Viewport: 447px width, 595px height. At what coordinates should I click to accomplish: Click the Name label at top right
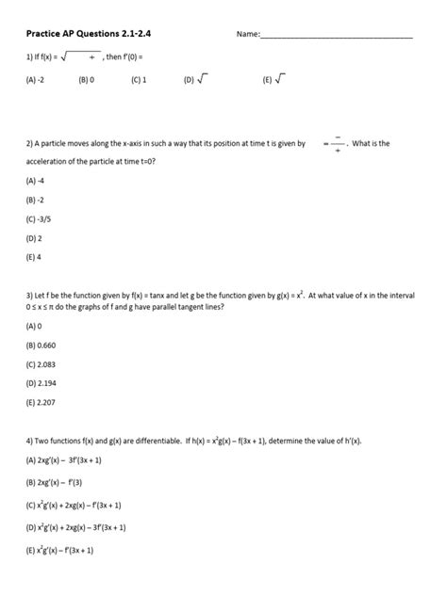pos(247,35)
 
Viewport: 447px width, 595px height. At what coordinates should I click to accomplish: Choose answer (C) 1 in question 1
pos(138,81)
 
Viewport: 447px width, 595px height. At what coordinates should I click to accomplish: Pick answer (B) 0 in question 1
pos(87,81)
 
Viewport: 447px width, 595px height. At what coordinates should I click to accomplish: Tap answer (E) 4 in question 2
pos(35,256)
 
